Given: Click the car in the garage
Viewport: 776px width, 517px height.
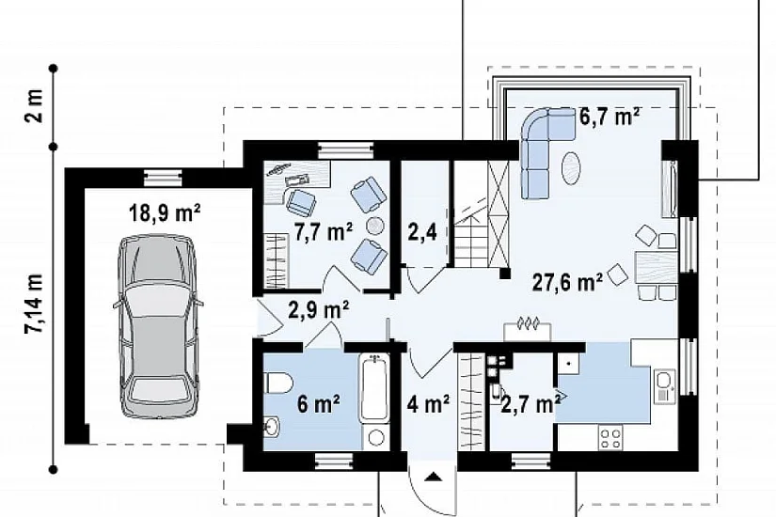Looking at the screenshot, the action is pos(156,327).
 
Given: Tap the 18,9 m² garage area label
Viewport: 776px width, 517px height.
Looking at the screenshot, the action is pos(165,213).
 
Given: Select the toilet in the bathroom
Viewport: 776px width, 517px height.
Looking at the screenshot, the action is pos(279,384).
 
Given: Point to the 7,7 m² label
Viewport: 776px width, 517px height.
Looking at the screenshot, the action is pos(324,232).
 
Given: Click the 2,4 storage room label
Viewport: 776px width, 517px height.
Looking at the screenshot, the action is pos(422,231).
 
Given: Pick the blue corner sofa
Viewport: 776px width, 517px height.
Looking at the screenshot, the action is pos(545,151).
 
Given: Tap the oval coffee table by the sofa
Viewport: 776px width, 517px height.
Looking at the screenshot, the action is pos(571,167).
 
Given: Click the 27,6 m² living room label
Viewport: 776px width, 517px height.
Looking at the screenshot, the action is pos(567,282).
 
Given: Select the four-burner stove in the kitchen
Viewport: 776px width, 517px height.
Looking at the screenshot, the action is pos(610,438).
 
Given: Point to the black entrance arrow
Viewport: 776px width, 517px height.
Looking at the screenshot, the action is pos(434,477).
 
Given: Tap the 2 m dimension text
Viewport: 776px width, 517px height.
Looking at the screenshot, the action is pos(35,106).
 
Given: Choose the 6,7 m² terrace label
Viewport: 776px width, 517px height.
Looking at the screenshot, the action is pos(610,117).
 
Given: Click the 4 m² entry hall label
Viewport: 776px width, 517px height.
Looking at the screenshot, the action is pos(428,403).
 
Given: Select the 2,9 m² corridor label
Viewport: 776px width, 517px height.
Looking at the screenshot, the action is pos(319,309).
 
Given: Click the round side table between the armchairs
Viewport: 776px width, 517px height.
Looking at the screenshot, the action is pos(374,227).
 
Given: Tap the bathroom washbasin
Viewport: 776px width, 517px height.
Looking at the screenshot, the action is pos(272,428).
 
